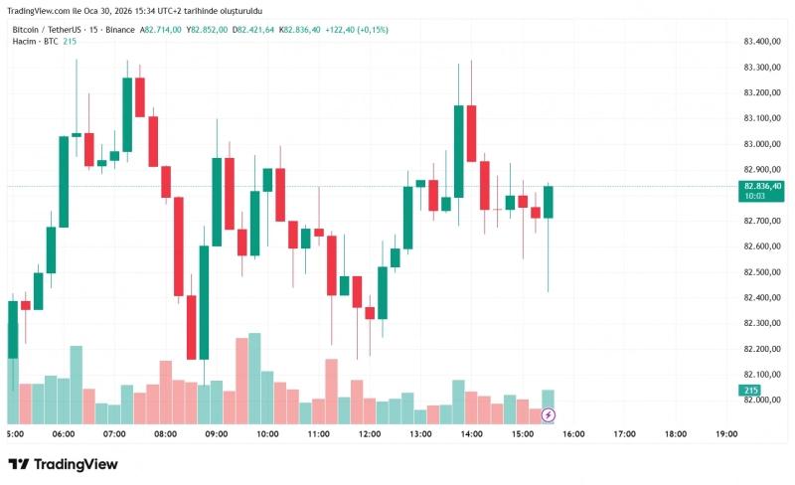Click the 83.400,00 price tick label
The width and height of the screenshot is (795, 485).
[x=762, y=41]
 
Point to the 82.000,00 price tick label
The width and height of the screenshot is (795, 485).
[x=762, y=400]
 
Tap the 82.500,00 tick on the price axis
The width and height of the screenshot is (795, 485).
[x=762, y=272]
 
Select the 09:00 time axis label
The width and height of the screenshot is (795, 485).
[x=217, y=434]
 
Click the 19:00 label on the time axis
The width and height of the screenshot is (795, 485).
[x=726, y=434]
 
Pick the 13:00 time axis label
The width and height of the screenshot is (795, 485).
[x=420, y=434]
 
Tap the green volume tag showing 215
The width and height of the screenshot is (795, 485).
[x=750, y=391]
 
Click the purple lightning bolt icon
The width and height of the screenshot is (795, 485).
[x=549, y=416]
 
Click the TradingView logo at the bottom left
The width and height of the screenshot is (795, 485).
[x=64, y=464]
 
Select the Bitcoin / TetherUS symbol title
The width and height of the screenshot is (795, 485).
[x=47, y=30]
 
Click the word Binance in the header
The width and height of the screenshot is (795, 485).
[x=120, y=30]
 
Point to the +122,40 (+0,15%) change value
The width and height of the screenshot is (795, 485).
[x=357, y=30]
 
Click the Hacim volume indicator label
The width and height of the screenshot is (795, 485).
[x=24, y=41]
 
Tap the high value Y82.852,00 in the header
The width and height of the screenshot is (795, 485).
[x=207, y=30]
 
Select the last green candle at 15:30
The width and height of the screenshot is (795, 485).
[x=549, y=202]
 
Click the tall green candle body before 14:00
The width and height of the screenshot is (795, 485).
[x=459, y=151]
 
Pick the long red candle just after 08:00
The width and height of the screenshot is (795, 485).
[x=179, y=246]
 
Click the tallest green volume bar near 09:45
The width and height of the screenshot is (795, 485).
[x=254, y=379]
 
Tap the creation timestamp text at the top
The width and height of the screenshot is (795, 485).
[x=135, y=11]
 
